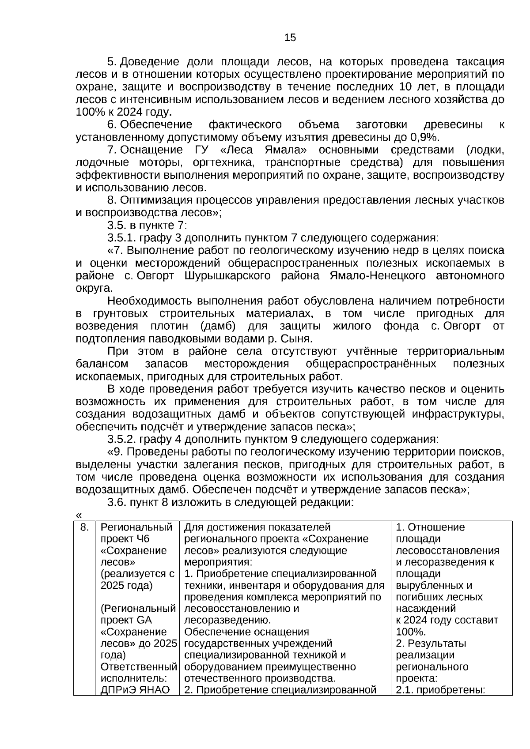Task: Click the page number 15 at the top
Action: [x=290, y=38]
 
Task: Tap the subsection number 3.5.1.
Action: [x=121, y=238]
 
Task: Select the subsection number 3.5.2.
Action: [x=121, y=439]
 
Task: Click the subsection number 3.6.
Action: [x=117, y=502]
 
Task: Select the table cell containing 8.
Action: [x=84, y=527]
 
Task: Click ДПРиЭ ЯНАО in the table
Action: [x=135, y=690]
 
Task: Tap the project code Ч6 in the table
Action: [x=143, y=539]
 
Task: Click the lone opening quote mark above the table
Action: [x=79, y=515]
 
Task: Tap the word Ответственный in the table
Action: [x=139, y=666]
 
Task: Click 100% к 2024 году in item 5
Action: [x=124, y=112]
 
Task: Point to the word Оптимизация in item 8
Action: [x=156, y=200]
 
